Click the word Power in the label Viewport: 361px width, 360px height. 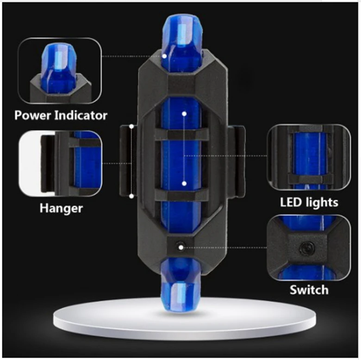coord(33,115)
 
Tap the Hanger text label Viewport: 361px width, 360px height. coord(61,208)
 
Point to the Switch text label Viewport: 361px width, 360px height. coord(309,290)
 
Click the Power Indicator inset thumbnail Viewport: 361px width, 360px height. coord(59,70)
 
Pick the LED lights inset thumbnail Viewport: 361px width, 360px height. coord(308,158)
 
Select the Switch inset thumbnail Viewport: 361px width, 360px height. coord(308,248)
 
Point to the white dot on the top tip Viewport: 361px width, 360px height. coord(165,56)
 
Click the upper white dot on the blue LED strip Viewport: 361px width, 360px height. coord(184,113)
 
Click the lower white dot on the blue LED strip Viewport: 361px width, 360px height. coord(184,184)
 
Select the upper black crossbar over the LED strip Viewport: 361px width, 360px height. coord(181,135)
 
